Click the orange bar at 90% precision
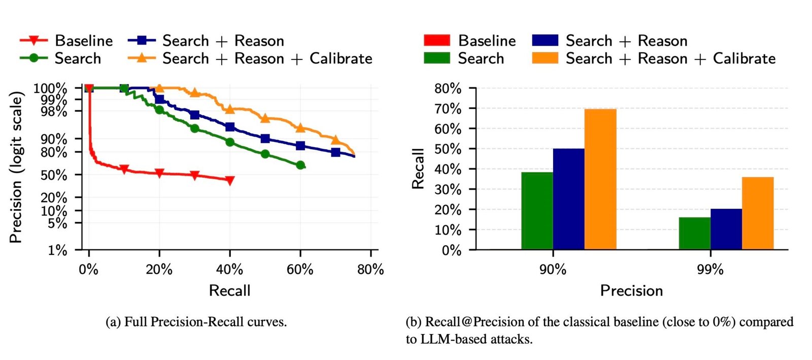600,179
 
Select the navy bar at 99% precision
726,229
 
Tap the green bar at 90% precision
537,211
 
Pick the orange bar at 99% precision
758,213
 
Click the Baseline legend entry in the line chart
66,41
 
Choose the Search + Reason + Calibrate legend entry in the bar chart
654,58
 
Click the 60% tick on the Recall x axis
300,269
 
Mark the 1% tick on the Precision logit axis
57,250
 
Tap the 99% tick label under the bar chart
710,269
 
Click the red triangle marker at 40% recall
230,180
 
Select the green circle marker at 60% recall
300,165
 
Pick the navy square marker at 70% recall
335,152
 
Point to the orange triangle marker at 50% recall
265,118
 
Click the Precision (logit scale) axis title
16,167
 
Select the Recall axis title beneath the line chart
229,290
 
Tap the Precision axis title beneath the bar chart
631,290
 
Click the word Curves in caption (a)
266,322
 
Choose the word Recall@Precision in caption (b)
467,322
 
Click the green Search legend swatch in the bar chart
436,58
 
